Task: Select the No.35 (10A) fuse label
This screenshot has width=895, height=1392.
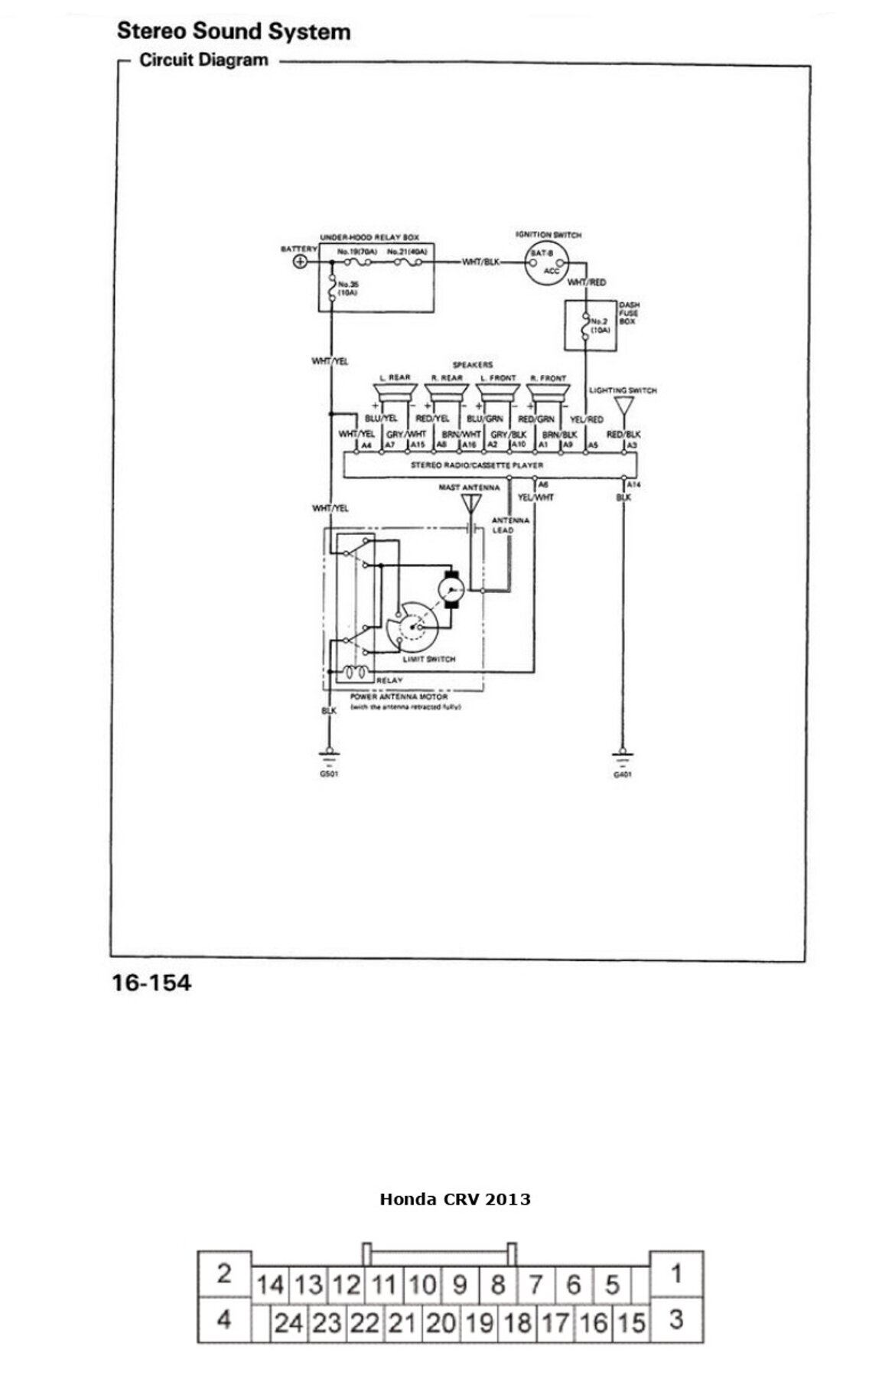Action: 348,289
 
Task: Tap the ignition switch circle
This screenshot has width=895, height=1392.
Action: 545,263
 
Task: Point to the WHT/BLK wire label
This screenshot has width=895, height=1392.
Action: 480,262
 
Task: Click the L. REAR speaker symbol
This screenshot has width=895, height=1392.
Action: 395,393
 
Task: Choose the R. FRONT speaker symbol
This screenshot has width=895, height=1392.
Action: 548,393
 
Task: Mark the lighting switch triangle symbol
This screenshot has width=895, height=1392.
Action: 624,405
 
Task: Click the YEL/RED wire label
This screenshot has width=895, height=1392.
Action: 587,419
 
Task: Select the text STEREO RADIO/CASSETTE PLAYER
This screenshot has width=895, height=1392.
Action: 477,465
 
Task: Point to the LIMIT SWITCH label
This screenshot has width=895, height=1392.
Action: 428,659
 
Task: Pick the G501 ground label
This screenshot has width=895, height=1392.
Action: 329,774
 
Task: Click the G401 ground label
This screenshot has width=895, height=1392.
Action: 623,774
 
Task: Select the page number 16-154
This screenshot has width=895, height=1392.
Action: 151,983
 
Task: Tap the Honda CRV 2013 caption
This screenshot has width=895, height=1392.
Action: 455,1199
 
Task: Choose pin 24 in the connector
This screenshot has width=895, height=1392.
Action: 288,1323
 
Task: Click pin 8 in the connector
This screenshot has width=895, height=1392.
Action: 497,1284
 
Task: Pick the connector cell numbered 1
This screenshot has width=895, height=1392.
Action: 676,1274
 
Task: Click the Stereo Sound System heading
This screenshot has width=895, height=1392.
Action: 233,31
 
